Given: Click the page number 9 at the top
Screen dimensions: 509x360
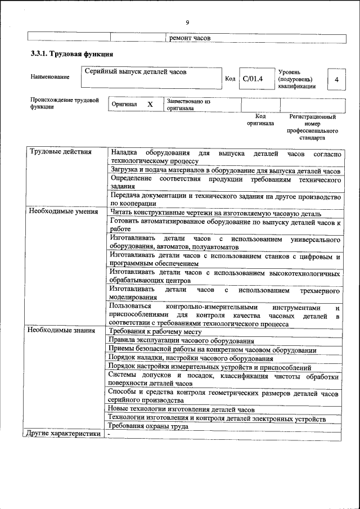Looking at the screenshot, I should (187, 22).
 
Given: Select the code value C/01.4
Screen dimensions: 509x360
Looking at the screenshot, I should (253, 79).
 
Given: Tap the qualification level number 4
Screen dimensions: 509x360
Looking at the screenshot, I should (336, 79).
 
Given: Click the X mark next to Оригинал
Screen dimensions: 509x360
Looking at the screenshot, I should (150, 105).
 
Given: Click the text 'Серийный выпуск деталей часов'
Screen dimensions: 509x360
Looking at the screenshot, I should (135, 72).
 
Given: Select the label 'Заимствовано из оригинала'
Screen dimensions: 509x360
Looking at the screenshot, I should (188, 105).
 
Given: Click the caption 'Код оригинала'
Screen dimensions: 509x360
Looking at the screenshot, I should (260, 119).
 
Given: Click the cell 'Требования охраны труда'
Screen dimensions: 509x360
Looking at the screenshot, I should (149, 426).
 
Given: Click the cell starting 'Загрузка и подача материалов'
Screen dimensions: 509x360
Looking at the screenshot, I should (225, 170).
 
